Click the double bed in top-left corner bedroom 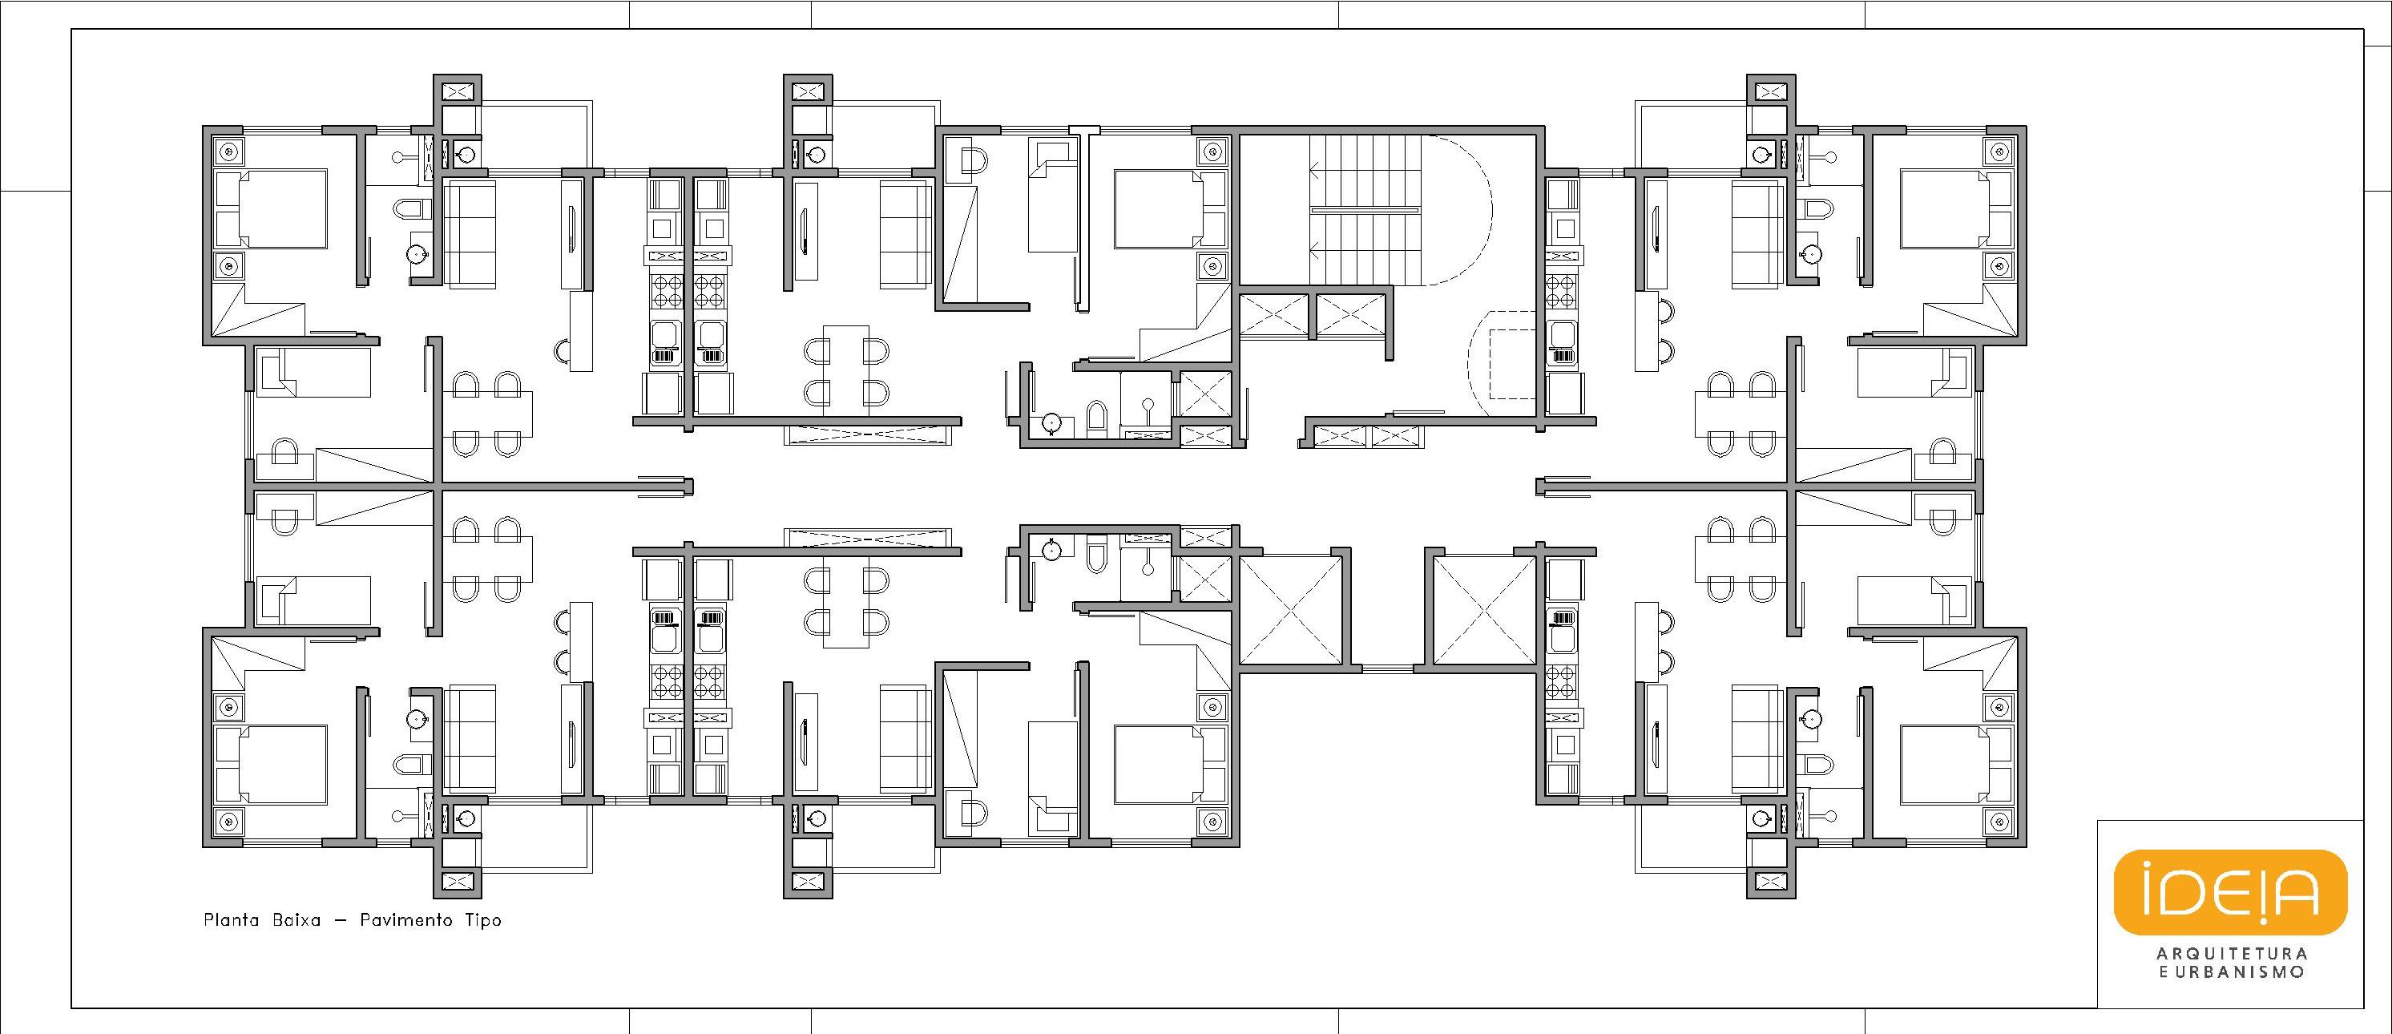coord(271,208)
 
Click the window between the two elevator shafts coord(1388,667)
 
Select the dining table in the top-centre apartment coord(846,370)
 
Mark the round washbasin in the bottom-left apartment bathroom coord(416,719)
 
